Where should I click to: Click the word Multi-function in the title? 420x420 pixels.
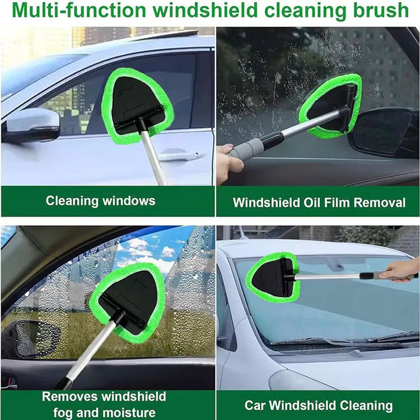coord(76,10)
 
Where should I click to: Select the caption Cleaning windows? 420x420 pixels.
coord(100,201)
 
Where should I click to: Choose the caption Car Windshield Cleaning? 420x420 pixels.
coord(318,406)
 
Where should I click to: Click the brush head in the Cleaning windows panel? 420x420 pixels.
coord(138,105)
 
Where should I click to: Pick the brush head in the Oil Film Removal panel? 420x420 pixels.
coord(332,105)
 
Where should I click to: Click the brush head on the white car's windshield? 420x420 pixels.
coord(273,277)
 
